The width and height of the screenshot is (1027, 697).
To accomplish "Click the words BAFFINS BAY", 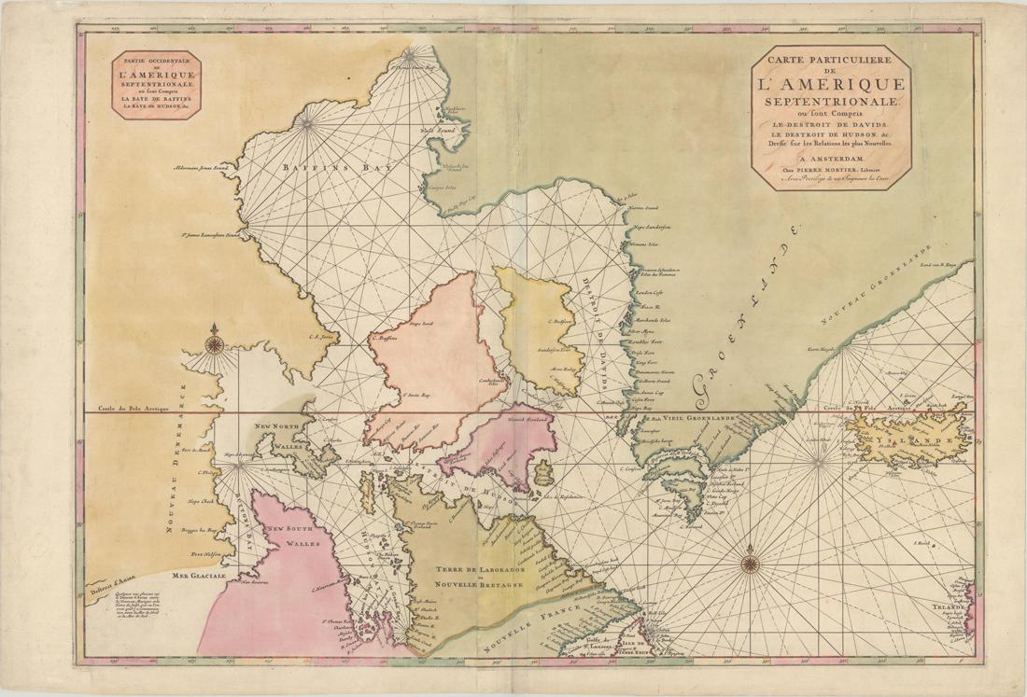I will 317,167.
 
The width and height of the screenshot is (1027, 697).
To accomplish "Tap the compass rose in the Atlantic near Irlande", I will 751,563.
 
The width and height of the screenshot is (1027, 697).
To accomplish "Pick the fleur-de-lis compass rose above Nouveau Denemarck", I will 215,342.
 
